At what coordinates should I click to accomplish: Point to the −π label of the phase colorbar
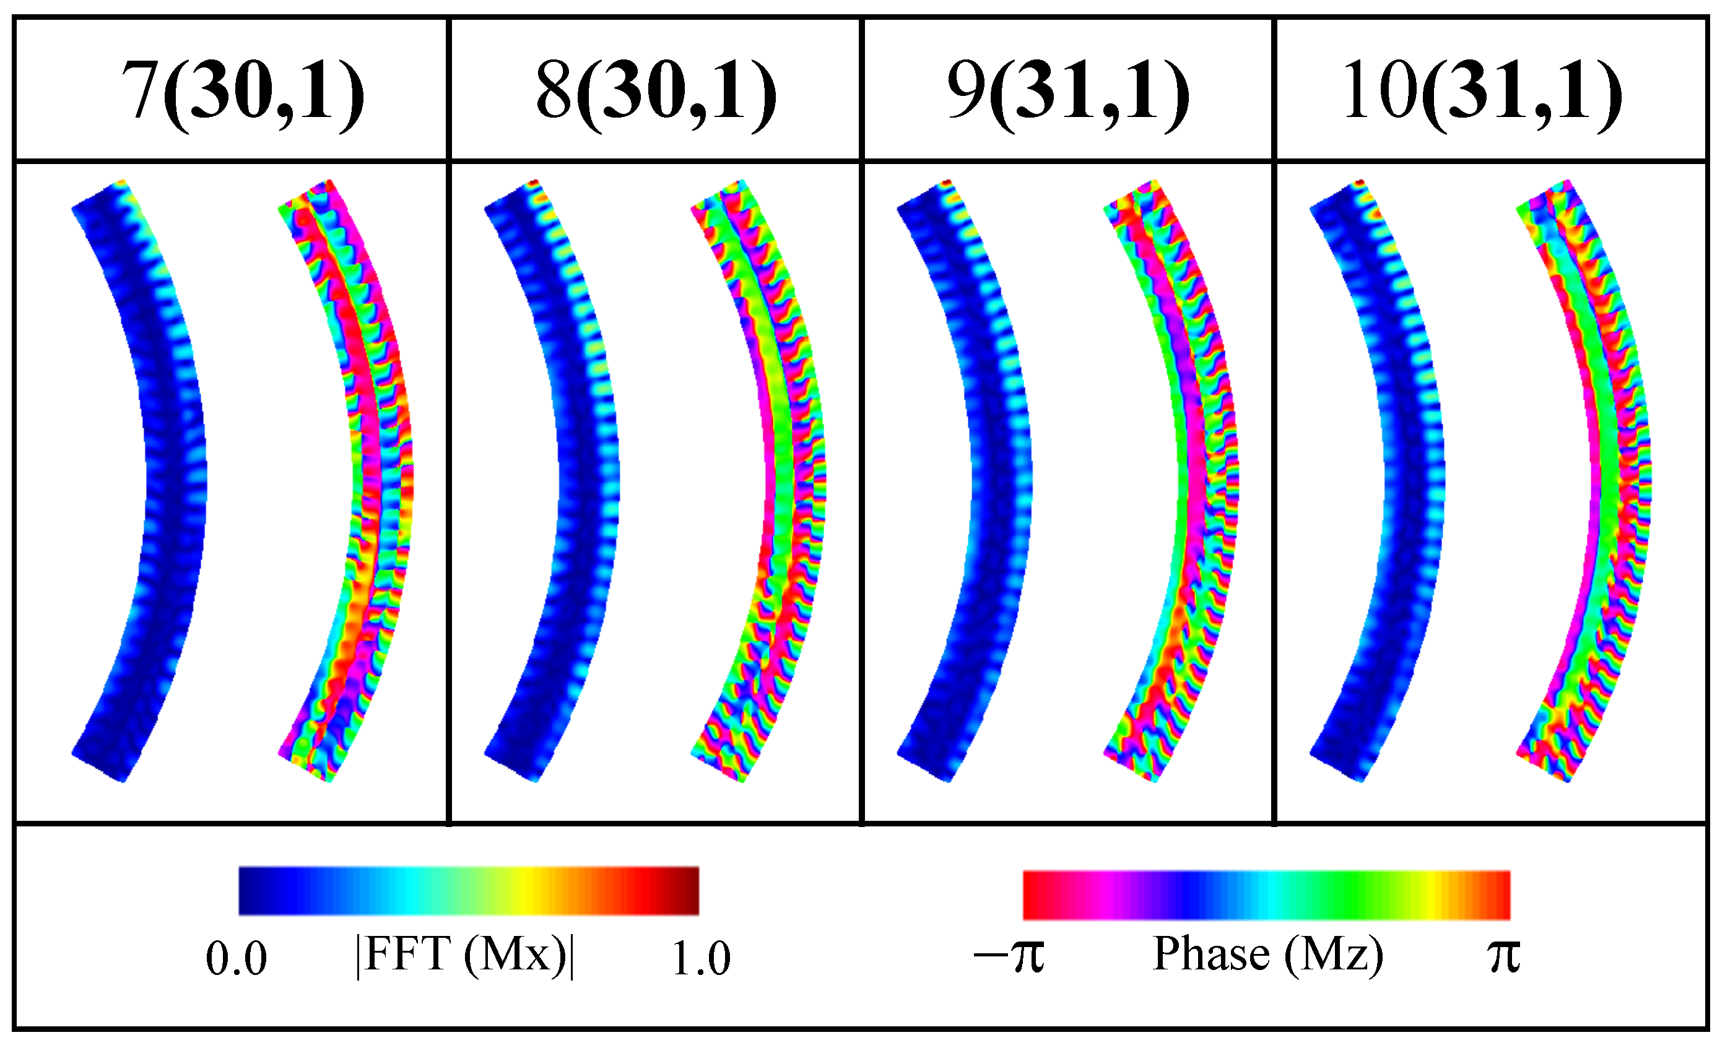coord(1009,956)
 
